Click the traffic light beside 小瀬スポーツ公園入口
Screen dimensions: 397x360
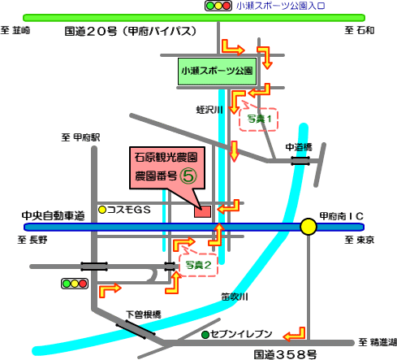point(218,6)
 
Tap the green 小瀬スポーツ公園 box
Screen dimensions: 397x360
point(217,72)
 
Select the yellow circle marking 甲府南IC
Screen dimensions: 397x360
point(309,227)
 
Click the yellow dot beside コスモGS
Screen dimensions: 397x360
point(102,210)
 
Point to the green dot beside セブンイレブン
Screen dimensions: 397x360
point(205,335)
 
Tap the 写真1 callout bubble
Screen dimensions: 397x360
point(259,119)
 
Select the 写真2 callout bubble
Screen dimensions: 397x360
point(198,264)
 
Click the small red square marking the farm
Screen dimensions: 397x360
point(202,211)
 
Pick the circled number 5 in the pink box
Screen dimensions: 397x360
point(188,176)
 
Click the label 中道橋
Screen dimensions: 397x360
point(299,147)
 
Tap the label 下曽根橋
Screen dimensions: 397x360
point(144,314)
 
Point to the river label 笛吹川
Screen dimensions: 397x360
point(235,297)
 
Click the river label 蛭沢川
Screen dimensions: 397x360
point(209,110)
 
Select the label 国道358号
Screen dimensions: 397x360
point(285,354)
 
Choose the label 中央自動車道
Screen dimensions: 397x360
point(54,216)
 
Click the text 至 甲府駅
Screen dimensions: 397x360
point(80,137)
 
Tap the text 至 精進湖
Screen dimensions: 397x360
point(378,342)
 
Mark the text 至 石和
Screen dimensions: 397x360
point(360,30)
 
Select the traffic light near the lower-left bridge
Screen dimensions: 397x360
point(75,284)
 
